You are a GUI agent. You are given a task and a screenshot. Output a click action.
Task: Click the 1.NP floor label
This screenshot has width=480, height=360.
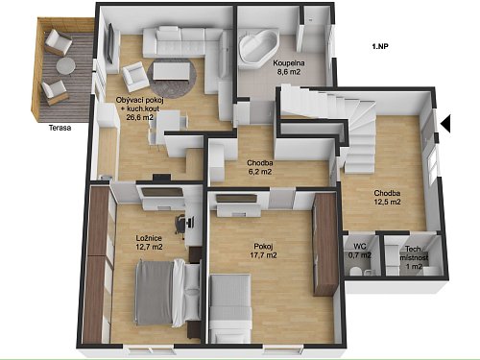[x=380, y=46]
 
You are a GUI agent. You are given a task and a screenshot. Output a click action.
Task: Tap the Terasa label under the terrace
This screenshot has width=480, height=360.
[x=60, y=128]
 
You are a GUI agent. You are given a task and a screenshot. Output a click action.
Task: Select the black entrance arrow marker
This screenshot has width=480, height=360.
[x=446, y=124]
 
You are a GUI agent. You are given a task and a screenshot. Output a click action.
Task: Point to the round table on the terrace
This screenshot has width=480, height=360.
[x=66, y=66]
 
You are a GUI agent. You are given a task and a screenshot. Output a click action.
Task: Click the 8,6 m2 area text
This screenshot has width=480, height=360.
[x=289, y=72]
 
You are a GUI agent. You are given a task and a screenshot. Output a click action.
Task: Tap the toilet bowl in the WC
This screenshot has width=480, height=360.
[x=355, y=272]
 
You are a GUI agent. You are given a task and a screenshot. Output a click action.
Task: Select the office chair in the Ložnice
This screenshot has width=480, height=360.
[x=180, y=225]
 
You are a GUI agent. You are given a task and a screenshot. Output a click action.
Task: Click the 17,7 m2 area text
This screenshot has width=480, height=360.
[x=263, y=255]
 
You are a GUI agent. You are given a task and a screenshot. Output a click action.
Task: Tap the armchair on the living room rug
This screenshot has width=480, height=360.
[x=135, y=77]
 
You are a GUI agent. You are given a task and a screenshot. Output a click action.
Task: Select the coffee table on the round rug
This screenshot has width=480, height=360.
[x=171, y=71]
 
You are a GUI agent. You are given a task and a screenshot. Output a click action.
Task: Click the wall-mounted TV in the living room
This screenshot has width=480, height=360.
[x=109, y=43]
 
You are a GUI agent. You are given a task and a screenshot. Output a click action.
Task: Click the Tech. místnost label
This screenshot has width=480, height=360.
[x=414, y=253]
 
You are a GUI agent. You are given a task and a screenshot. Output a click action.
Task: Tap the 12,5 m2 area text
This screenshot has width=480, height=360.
[x=387, y=202]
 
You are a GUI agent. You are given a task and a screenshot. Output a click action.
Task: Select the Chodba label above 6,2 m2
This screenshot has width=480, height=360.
[x=260, y=163]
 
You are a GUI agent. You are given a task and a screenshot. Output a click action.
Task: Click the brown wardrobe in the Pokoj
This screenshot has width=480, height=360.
[x=324, y=244]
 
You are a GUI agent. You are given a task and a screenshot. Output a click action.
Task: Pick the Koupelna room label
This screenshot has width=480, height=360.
[x=289, y=63]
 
